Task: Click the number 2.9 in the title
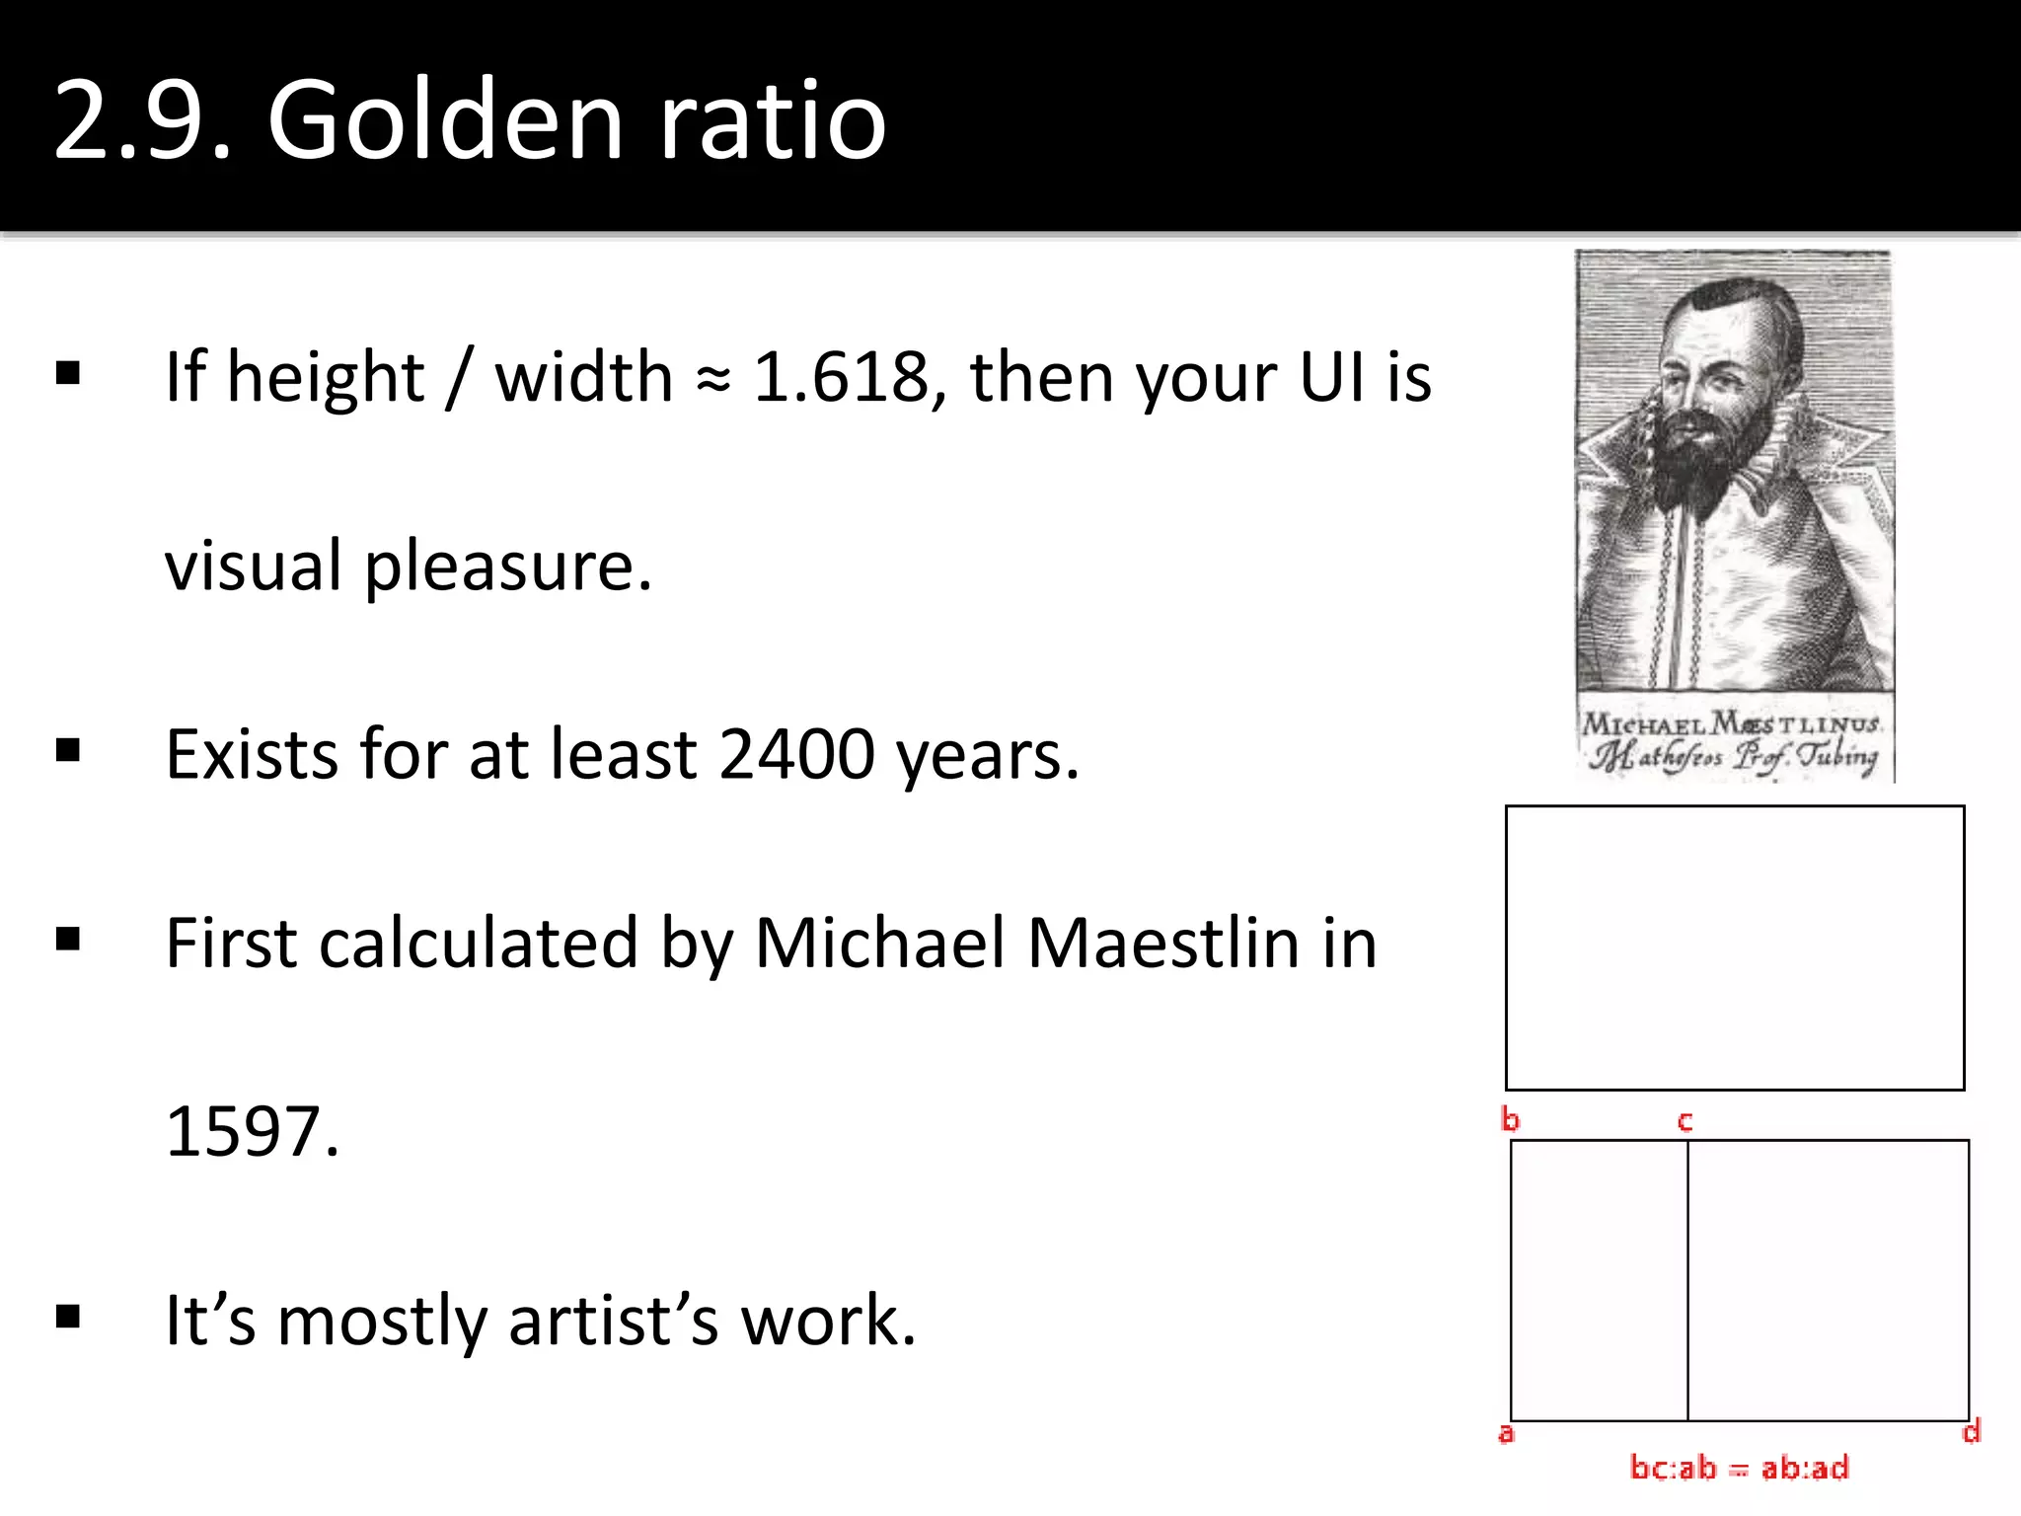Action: point(142,120)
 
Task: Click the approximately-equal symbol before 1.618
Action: point(712,379)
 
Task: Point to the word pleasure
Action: point(508,568)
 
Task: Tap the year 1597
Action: point(252,1132)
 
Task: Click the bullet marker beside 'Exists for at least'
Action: point(68,751)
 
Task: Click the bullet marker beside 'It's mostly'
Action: point(68,1317)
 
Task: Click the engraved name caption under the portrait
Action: point(1733,740)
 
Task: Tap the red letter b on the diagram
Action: point(1510,1119)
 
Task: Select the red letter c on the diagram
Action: point(1685,1121)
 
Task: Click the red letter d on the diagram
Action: point(1971,1431)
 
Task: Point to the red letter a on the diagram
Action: point(1506,1433)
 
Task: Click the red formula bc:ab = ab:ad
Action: point(1739,1469)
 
